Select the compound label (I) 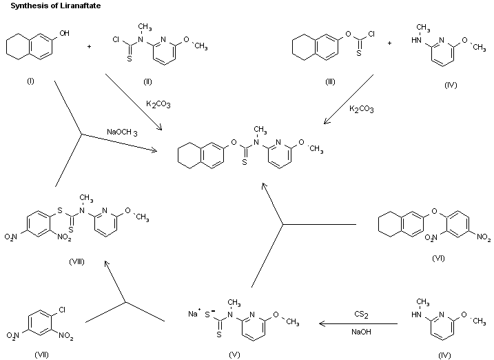click(x=30, y=82)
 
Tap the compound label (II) click(x=147, y=82)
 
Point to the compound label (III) click(x=330, y=82)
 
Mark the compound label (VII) click(x=42, y=354)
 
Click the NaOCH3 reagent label click(x=122, y=132)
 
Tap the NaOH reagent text click(x=359, y=332)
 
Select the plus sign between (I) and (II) click(x=90, y=47)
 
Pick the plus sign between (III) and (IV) click(x=389, y=43)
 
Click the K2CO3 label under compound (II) click(x=158, y=104)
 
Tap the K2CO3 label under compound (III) click(x=362, y=108)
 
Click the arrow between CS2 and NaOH click(x=358, y=323)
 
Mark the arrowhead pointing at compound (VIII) click(x=105, y=263)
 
